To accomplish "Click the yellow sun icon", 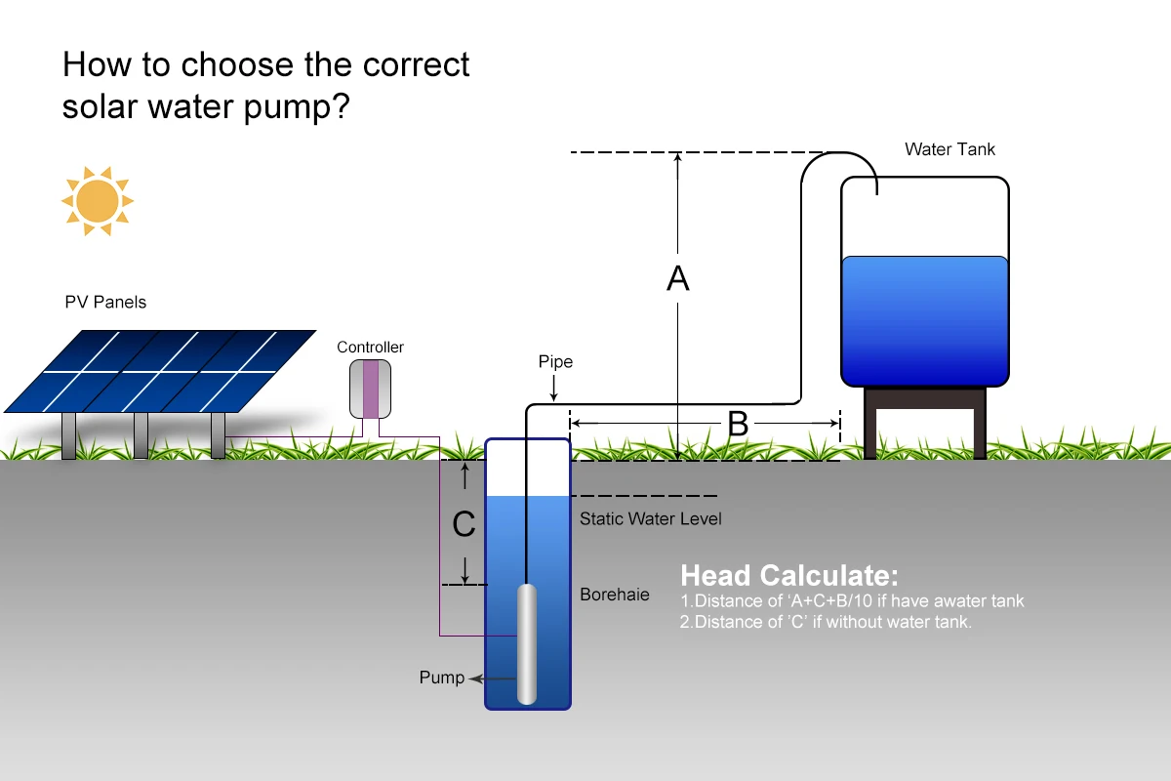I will pos(97,201).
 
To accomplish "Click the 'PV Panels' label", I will pos(105,302).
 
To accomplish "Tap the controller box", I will pos(370,389).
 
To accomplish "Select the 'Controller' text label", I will pos(370,348).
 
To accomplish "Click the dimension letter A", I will pos(677,279).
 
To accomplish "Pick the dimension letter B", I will pos(738,424).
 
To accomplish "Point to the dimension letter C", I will pos(464,525).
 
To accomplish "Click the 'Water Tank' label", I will pos(949,149).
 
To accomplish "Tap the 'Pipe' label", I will pos(555,362).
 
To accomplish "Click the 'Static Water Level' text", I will pos(650,518).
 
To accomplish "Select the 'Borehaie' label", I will pos(614,594).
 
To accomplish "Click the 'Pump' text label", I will pos(441,678).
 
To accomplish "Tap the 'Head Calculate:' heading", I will pos(788,574).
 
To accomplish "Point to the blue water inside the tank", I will pos(923,317).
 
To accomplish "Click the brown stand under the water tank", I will pos(924,420).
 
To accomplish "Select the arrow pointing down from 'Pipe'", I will pos(553,390).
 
